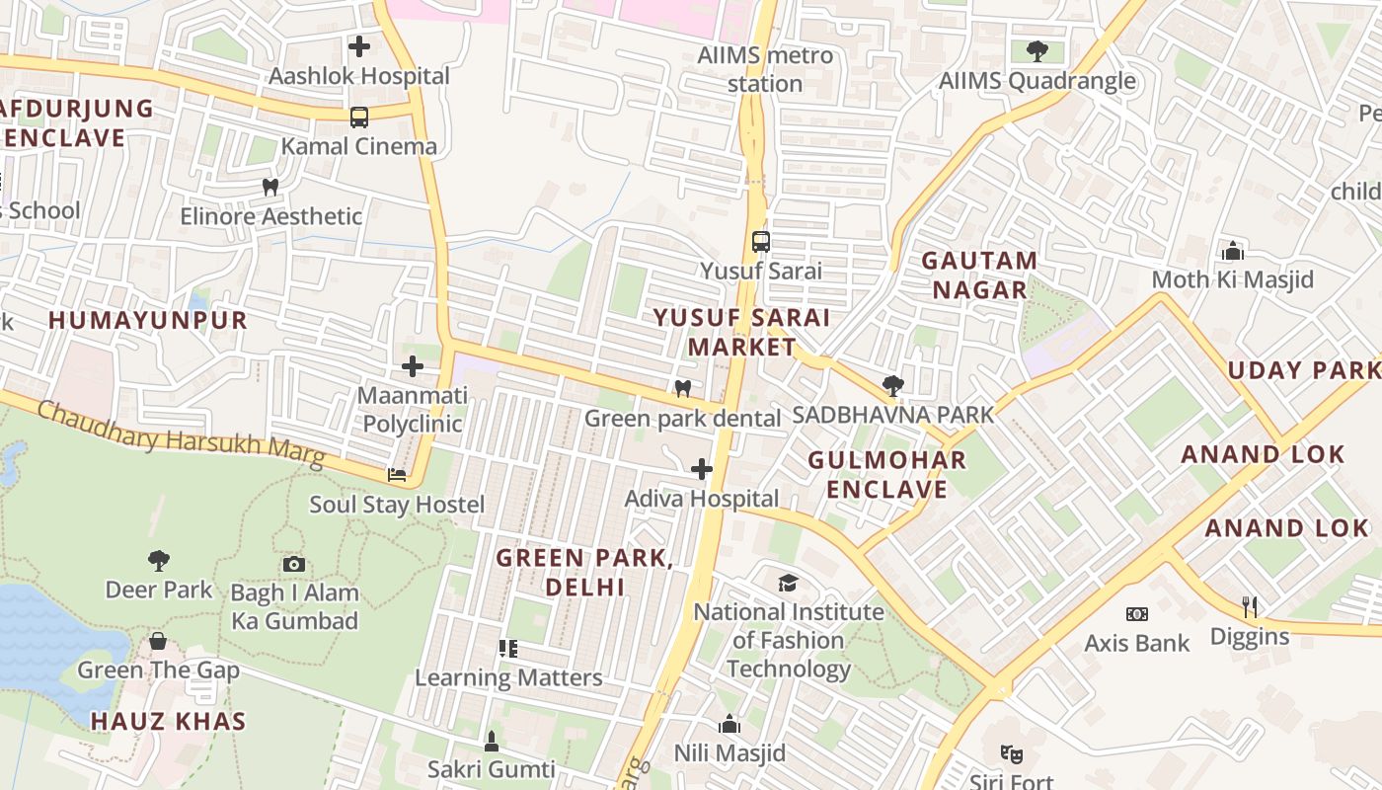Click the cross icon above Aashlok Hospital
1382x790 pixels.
click(359, 45)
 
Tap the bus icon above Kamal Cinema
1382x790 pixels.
click(359, 118)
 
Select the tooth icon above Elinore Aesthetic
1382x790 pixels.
click(270, 187)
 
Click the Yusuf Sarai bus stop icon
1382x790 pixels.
click(760, 242)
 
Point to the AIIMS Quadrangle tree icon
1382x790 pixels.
click(1036, 50)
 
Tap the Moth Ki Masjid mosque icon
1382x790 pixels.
click(1232, 251)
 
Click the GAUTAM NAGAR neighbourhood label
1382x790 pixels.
click(979, 276)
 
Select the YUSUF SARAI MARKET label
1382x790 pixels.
click(741, 332)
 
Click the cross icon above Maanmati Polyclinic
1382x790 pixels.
click(412, 366)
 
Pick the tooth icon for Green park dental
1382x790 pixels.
click(681, 389)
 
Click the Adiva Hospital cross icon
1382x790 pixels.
click(702, 469)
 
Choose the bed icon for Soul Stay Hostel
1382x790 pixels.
click(397, 475)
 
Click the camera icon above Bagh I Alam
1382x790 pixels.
click(294, 564)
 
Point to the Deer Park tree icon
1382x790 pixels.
click(158, 561)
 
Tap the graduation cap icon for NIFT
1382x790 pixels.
click(787, 583)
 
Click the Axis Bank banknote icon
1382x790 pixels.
click(1137, 614)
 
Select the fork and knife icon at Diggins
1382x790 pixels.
click(1249, 606)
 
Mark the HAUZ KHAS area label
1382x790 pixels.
click(168, 721)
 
